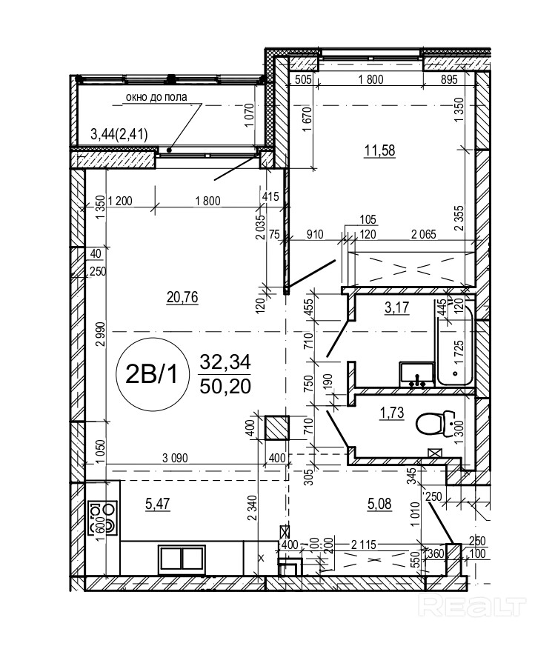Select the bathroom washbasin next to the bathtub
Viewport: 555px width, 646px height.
417,374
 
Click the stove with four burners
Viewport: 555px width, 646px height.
102,518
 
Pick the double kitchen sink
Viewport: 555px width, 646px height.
182,559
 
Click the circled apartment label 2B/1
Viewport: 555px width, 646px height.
153,374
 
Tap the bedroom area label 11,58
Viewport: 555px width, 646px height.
379,150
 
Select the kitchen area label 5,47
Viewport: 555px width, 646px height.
158,504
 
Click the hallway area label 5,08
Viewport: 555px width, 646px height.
379,504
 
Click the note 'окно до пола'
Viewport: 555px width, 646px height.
156,97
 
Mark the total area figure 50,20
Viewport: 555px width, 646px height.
225,387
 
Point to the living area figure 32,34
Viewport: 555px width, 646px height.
225,362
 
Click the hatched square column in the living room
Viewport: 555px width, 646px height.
277,428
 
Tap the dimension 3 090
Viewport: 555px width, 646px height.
175,458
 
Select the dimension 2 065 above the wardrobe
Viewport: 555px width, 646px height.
424,234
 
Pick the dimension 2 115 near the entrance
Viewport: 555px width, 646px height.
364,545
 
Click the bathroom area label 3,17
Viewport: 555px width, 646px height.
396,307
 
